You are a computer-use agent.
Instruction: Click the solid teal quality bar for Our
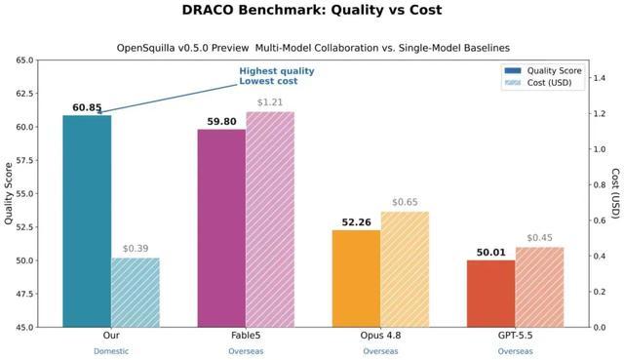click(87, 221)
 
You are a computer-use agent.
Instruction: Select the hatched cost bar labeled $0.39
click(136, 293)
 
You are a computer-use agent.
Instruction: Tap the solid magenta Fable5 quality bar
click(221, 228)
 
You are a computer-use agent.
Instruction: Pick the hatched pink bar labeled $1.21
click(270, 220)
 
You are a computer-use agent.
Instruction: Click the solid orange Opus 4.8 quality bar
click(357, 279)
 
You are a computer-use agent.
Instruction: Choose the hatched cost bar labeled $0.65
click(405, 269)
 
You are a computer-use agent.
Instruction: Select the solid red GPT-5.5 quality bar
click(491, 294)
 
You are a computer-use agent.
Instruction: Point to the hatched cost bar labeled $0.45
click(539, 287)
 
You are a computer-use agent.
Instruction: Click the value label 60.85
click(87, 108)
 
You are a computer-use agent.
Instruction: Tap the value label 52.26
click(357, 222)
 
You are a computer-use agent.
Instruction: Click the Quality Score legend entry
click(543, 71)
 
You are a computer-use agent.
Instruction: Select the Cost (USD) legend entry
click(538, 82)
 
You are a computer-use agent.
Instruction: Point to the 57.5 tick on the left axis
click(27, 160)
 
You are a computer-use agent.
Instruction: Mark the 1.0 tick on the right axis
click(600, 149)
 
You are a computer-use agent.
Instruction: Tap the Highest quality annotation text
click(277, 71)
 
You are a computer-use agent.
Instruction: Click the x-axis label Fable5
click(246, 336)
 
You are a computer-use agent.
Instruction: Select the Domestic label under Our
click(111, 351)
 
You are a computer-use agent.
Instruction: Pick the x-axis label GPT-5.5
click(516, 336)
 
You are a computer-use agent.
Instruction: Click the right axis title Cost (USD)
click(615, 193)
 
